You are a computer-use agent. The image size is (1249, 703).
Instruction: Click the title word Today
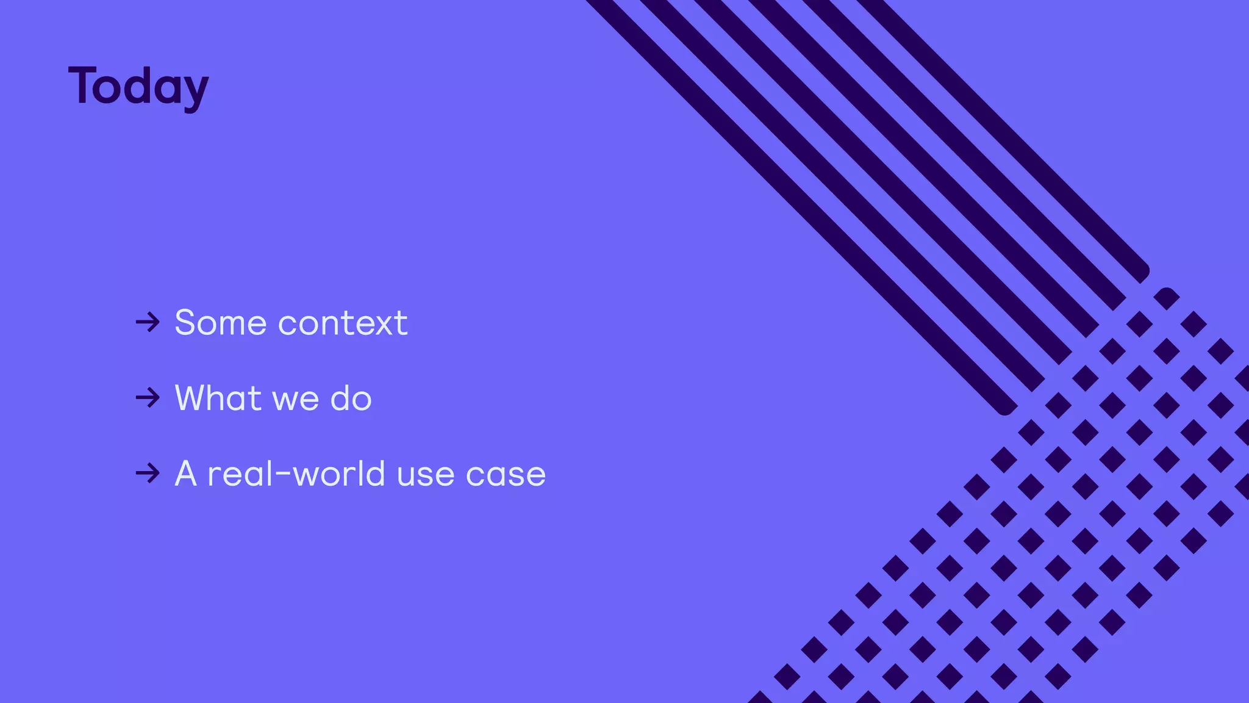point(138,87)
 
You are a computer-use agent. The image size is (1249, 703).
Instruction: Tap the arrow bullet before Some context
point(148,322)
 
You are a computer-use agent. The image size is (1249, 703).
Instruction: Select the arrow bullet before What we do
point(148,398)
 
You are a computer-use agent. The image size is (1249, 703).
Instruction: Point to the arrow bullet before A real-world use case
point(148,474)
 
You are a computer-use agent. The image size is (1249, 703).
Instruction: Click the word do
point(351,398)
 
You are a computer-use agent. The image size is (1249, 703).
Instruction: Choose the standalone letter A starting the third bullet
point(186,474)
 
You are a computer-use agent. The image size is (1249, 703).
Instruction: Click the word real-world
point(296,474)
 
